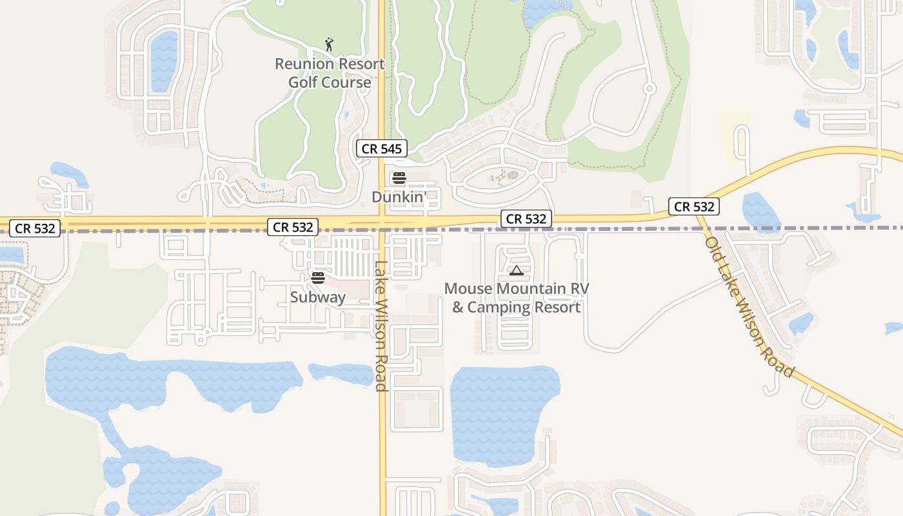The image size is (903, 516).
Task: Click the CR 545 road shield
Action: click(382, 149)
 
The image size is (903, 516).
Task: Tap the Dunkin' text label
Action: click(398, 196)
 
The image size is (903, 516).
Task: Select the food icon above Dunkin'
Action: click(399, 178)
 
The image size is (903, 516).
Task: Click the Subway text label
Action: click(317, 297)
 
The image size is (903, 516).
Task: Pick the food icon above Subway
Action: click(317, 278)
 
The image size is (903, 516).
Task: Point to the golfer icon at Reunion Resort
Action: click(329, 45)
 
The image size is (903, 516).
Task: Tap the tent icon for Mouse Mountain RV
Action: click(516, 270)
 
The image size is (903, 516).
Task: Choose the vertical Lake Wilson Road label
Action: click(381, 326)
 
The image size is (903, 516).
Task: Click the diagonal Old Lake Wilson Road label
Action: click(749, 308)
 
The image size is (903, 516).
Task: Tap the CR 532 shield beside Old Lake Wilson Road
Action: click(694, 206)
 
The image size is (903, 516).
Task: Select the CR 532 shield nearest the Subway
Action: click(293, 227)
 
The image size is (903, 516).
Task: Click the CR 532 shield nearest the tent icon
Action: click(526, 219)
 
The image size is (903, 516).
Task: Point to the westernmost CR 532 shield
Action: click(35, 228)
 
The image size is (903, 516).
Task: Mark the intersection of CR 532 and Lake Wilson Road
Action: click(382, 223)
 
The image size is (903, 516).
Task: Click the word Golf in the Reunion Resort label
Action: click(303, 83)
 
